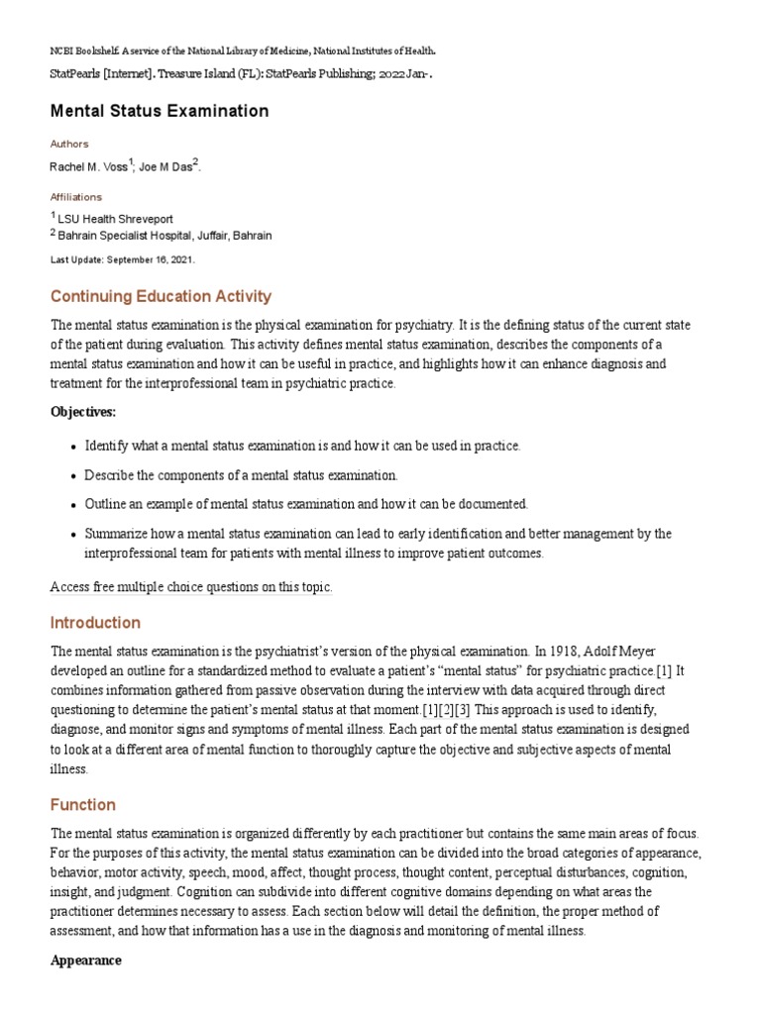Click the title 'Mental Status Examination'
(x=159, y=111)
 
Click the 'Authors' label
(x=68, y=144)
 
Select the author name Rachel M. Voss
(x=88, y=166)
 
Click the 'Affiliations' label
(x=75, y=197)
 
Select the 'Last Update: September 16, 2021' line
(x=122, y=259)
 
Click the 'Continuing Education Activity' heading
(x=160, y=296)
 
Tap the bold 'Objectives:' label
(x=82, y=411)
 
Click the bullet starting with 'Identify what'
(x=301, y=446)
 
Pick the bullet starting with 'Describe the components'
(x=241, y=475)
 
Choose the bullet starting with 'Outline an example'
(x=306, y=504)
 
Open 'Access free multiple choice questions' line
(x=191, y=587)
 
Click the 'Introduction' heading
(x=95, y=623)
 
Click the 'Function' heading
(x=82, y=805)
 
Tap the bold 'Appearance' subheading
(x=85, y=961)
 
